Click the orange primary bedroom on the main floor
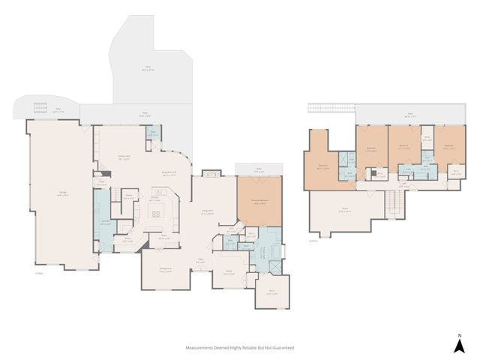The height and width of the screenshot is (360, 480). tap(259, 201)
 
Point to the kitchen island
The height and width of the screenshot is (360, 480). tap(155, 213)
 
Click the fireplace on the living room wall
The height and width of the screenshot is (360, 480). tap(211, 174)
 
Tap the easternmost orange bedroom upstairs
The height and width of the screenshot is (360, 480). tap(448, 150)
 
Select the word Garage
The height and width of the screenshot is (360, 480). tap(61, 193)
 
